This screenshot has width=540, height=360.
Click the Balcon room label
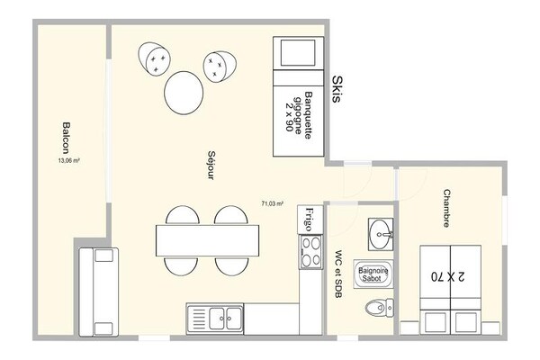[x=66, y=138]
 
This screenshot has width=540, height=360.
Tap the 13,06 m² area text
[x=69, y=160]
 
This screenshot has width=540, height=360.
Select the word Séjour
[x=211, y=165]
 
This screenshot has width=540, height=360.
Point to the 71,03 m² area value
[x=273, y=203]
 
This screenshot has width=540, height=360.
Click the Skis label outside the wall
[x=337, y=89]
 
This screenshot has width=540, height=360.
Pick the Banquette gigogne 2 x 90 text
[x=299, y=114]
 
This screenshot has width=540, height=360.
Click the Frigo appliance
[x=310, y=219]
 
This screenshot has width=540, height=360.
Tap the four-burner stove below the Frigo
[x=311, y=252]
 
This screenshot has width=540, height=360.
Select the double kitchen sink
[x=225, y=319]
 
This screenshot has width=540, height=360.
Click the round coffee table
[x=184, y=93]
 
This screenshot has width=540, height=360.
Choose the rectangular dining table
[x=207, y=240]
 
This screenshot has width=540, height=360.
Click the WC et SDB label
[x=338, y=274]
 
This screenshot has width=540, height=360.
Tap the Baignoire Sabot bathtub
[x=373, y=274]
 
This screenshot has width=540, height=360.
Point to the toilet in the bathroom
[x=379, y=308]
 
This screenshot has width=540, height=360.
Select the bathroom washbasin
[x=381, y=234]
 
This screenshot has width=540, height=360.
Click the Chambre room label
[x=446, y=208]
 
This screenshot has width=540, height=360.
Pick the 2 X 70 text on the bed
[x=447, y=276]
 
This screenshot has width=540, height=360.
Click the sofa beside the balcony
[x=99, y=292]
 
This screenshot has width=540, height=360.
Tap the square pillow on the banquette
[x=298, y=53]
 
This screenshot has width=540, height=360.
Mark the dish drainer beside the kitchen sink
[x=198, y=319]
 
